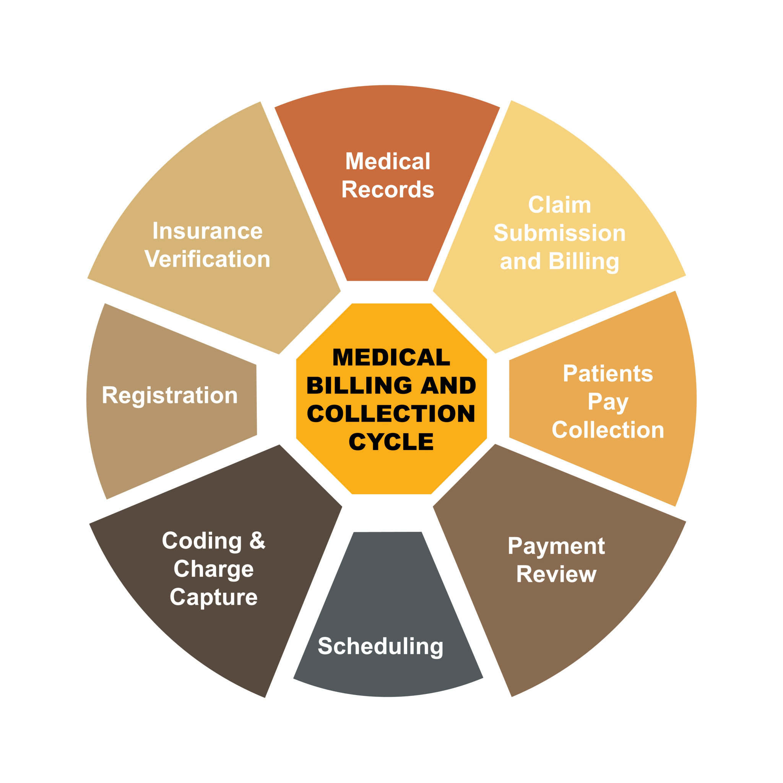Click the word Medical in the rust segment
[x=387, y=161]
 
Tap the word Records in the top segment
[x=387, y=189]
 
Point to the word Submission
[x=559, y=233]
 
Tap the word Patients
[x=608, y=373]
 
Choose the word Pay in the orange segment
[x=608, y=402]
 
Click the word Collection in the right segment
[x=608, y=430]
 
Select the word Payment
[x=556, y=546]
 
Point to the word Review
[x=556, y=574]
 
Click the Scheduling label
[x=380, y=646]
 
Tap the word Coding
[x=202, y=541]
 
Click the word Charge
[x=214, y=569]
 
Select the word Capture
[x=214, y=598]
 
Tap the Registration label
[x=170, y=395]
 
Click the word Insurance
[x=208, y=231]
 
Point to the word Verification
[x=208, y=259]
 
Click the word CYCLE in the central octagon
[x=391, y=442]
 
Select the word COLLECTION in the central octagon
[x=391, y=413]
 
